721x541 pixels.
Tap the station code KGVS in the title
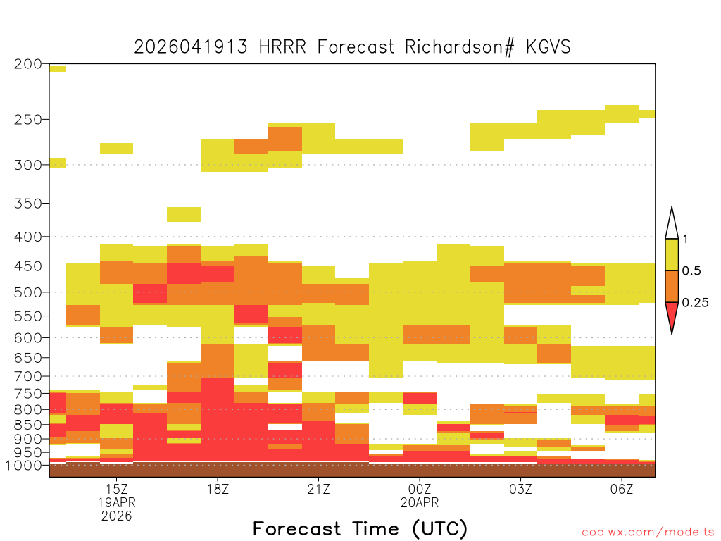[x=548, y=47]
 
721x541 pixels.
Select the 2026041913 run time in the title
[x=191, y=47]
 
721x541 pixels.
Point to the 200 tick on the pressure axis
[x=28, y=64]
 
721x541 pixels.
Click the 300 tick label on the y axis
[x=28, y=165]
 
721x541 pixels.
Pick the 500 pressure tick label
[x=28, y=292]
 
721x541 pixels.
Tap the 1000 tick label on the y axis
[x=24, y=465]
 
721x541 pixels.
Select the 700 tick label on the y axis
[x=28, y=376]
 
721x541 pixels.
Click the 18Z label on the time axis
[x=218, y=489]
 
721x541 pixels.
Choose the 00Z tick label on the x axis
[x=420, y=489]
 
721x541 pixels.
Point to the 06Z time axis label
[x=622, y=489]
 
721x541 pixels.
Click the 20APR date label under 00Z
[x=420, y=502]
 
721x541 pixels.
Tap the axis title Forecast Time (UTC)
[x=360, y=528]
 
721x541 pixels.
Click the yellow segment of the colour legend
[x=672, y=254]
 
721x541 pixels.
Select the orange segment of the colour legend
[x=672, y=286]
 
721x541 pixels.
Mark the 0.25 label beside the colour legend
[x=695, y=303]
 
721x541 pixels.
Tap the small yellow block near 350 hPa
[x=184, y=214]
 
